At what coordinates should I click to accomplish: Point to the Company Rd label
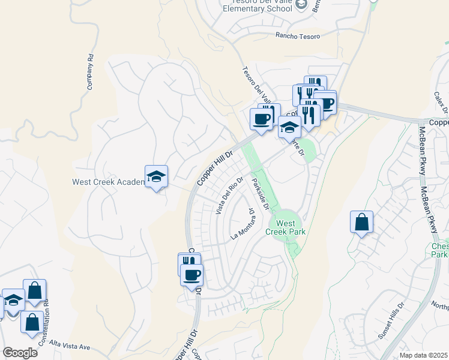[90, 73]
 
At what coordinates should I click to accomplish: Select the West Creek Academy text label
[108, 182]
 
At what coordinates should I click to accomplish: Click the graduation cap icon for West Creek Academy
[156, 176]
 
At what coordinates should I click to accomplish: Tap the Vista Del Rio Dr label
[229, 196]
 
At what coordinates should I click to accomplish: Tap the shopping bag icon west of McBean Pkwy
[362, 222]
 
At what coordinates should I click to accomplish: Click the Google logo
[20, 353]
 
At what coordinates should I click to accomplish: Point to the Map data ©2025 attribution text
[423, 355]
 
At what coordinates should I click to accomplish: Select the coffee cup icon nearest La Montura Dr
[192, 275]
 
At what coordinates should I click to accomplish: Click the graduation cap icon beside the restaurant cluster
[289, 127]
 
